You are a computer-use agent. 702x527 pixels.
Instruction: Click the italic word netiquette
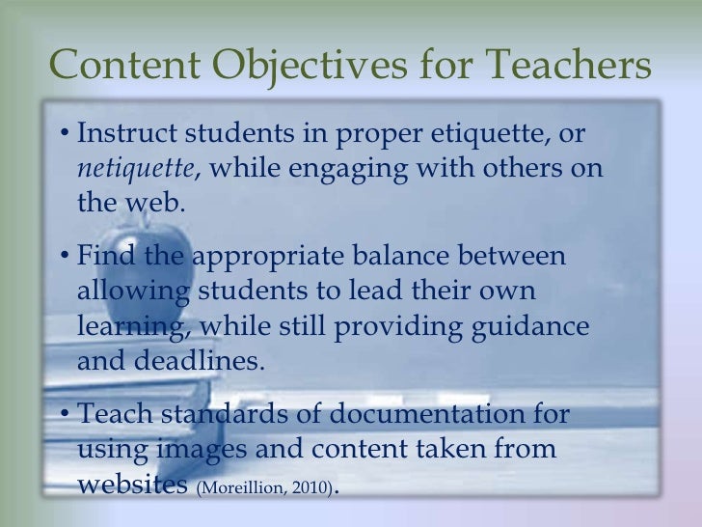pos(135,169)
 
